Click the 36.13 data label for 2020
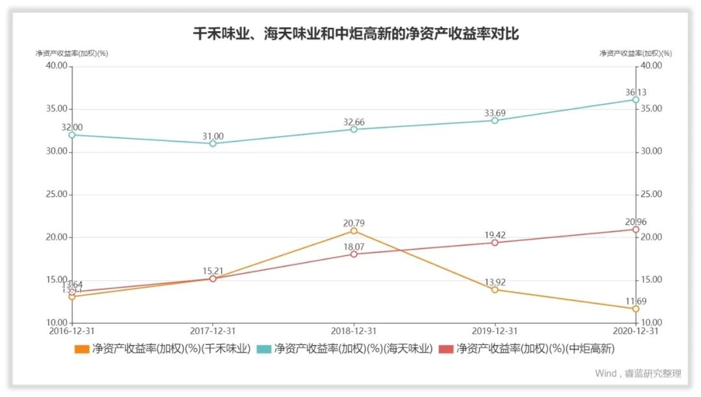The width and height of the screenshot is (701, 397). [635, 93]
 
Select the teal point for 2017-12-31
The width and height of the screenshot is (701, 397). [213, 143]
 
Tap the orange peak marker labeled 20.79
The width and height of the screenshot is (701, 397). [354, 231]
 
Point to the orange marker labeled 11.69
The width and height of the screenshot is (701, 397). [635, 309]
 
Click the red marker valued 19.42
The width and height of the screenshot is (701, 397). [495, 243]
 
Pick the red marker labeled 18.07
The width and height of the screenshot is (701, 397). [354, 254]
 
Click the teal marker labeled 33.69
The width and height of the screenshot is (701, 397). [495, 120]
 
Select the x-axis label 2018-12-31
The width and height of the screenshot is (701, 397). [354, 331]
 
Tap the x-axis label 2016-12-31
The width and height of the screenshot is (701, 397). [72, 331]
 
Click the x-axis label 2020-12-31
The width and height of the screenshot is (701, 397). [635, 331]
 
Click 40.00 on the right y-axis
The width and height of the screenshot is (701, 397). [651, 66]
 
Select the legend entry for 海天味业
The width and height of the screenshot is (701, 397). [345, 349]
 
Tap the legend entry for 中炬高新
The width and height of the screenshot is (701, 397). [526, 349]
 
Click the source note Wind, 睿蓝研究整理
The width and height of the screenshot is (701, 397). [638, 374]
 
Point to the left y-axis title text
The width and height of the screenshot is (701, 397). [72, 53]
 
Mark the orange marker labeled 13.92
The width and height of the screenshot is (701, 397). [495, 290]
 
